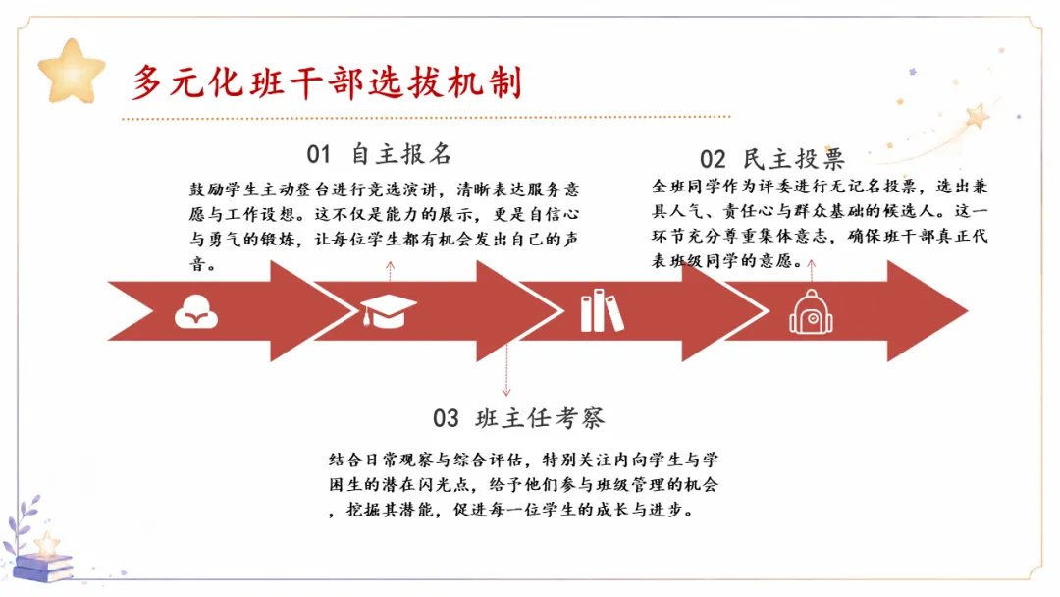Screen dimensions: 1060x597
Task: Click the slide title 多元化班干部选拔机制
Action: pos(327,83)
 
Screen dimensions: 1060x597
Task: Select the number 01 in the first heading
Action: pos(318,154)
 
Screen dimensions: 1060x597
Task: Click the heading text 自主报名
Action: pos(401,154)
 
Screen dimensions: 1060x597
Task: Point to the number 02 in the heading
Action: pos(713,160)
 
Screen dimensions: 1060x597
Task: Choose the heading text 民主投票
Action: pos(794,160)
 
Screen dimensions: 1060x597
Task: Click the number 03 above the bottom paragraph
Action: pos(447,418)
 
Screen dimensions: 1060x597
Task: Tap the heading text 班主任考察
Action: pos(540,418)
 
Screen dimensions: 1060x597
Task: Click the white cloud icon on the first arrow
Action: pos(196,311)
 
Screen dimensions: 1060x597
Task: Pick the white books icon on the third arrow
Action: pos(602,310)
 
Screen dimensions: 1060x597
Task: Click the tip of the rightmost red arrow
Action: pos(968,311)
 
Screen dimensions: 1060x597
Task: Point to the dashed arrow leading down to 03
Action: pos(506,369)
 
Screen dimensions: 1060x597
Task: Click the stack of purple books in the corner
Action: pos(42,567)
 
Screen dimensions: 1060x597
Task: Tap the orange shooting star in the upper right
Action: pos(977,116)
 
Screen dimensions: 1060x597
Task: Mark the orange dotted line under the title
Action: pos(426,118)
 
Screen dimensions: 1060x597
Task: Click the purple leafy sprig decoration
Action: pos(21,523)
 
